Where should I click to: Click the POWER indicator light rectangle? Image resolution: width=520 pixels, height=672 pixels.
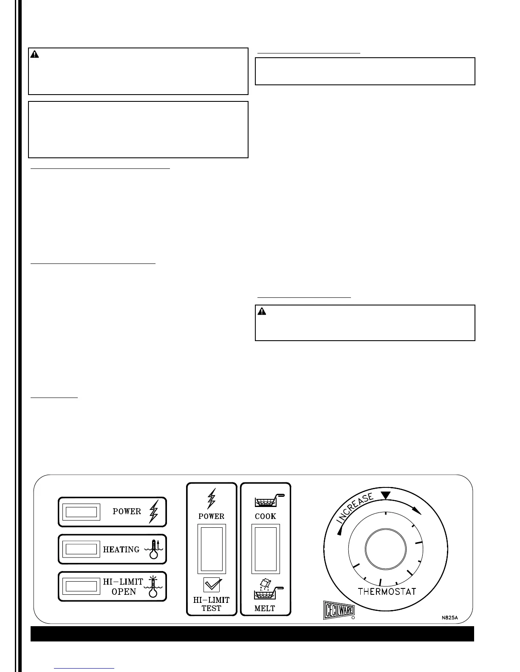[82, 512]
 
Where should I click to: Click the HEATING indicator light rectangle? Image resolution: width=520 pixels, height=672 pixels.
[82, 549]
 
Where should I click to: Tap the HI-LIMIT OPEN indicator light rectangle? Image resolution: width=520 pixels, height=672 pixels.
[82, 587]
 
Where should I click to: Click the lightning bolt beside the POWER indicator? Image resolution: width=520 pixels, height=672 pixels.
[153, 512]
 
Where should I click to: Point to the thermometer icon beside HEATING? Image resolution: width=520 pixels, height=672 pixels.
[154, 550]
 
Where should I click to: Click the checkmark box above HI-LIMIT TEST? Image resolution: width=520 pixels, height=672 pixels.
[212, 585]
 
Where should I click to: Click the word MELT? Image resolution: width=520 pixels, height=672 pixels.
[265, 608]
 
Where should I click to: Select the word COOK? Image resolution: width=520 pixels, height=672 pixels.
[266, 516]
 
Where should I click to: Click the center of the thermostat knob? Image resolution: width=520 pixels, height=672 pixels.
[386, 549]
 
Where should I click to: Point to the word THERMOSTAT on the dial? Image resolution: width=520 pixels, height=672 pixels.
[387, 591]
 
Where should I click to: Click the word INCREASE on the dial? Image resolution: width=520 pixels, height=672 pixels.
[355, 508]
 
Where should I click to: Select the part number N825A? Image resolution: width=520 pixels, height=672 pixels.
[449, 618]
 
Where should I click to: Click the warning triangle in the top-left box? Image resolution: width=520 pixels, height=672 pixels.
[34, 54]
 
